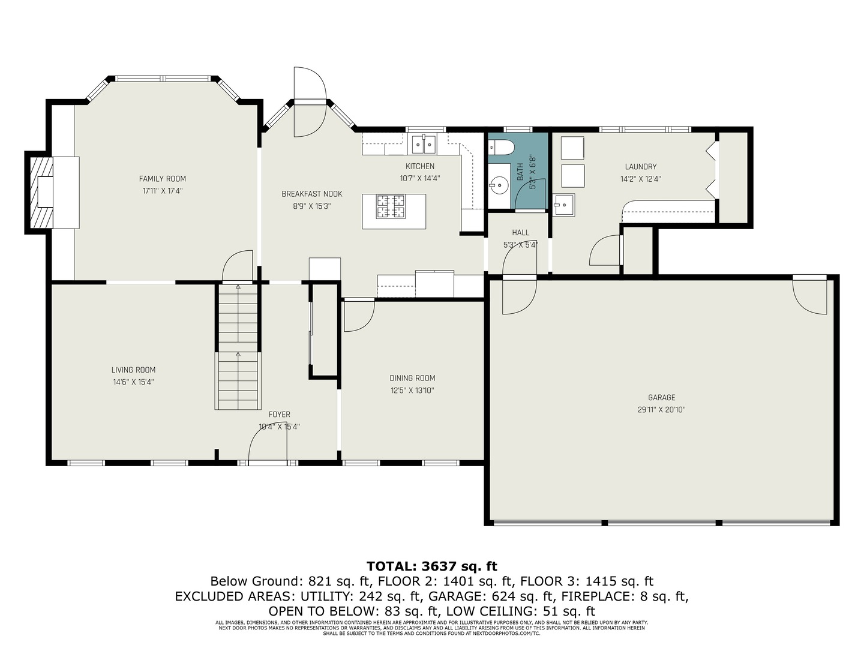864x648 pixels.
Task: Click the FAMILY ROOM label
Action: pyautogui.click(x=163, y=179)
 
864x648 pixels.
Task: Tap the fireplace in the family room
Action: pyautogui.click(x=46, y=191)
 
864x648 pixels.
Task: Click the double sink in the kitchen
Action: pyautogui.click(x=424, y=145)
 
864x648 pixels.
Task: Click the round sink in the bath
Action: pyautogui.click(x=498, y=185)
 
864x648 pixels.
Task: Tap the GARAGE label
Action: pyautogui.click(x=661, y=397)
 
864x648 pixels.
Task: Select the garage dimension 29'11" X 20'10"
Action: pyautogui.click(x=661, y=410)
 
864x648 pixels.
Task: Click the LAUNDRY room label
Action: pyautogui.click(x=641, y=167)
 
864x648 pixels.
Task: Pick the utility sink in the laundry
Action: pyautogui.click(x=563, y=205)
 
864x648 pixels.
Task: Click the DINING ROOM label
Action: pyautogui.click(x=412, y=378)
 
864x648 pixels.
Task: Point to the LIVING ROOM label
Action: pyautogui.click(x=133, y=370)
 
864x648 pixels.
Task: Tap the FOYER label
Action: pyautogui.click(x=279, y=415)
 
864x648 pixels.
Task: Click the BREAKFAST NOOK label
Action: pyautogui.click(x=312, y=194)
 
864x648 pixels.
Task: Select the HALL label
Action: pyautogui.click(x=520, y=233)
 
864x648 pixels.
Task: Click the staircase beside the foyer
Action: pyautogui.click(x=238, y=348)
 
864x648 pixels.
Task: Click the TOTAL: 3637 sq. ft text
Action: pyautogui.click(x=432, y=566)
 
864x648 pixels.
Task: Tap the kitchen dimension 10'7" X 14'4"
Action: pyautogui.click(x=420, y=178)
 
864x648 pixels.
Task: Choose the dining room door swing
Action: pyautogui.click(x=359, y=316)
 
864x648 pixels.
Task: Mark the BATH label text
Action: pyautogui.click(x=520, y=172)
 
